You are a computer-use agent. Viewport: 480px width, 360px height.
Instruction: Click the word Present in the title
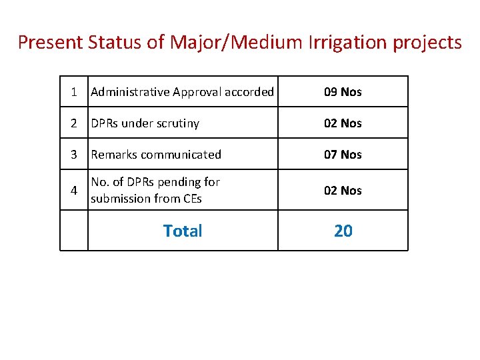coord(50,43)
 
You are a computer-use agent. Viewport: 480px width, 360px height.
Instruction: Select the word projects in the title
coord(426,43)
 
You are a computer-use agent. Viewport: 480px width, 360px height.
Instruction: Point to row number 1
coord(74,92)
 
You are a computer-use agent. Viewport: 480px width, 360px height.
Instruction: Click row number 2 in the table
coord(74,123)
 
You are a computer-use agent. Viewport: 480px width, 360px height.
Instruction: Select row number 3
coord(74,155)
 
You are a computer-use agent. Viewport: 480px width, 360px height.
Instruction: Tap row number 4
coord(74,191)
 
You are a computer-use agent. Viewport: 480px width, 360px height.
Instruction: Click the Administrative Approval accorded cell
coord(182,92)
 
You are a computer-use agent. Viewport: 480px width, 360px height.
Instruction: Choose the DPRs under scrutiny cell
coord(145,123)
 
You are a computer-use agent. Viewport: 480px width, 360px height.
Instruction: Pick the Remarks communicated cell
coord(156,155)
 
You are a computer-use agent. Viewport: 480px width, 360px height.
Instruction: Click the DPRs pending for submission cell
coord(155,190)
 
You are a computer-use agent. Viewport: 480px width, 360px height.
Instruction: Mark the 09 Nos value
coord(343,92)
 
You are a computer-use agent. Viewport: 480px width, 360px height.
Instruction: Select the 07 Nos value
coord(343,155)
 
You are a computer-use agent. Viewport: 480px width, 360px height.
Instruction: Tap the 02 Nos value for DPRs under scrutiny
coord(343,123)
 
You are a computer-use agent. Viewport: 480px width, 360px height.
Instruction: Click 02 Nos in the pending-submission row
coord(343,191)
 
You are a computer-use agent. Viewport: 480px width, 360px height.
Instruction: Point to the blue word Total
coord(183,231)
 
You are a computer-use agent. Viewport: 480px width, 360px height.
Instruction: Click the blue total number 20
coord(343,231)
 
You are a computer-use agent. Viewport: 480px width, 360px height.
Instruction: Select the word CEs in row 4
coord(191,199)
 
